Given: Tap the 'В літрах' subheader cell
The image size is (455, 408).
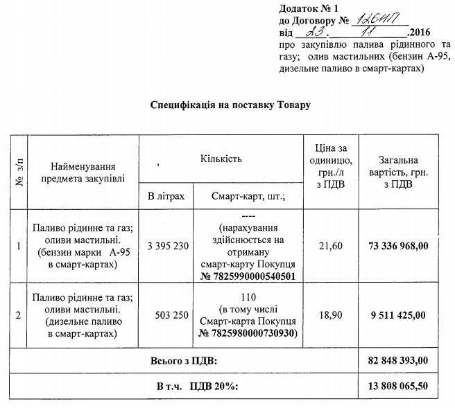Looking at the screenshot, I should (x=166, y=197).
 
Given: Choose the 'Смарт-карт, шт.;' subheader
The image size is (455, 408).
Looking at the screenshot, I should (x=248, y=197).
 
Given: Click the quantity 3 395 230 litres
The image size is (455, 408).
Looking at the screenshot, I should (x=166, y=245).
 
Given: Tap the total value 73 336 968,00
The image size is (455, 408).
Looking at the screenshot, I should (x=398, y=245).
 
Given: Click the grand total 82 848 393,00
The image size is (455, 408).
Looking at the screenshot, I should (x=398, y=360).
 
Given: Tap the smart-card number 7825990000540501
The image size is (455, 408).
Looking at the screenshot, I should (x=252, y=275).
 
